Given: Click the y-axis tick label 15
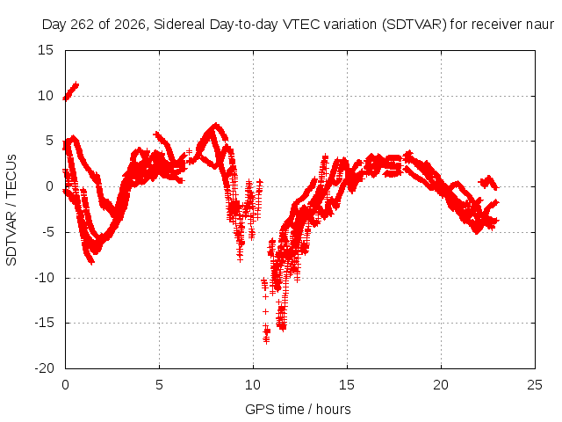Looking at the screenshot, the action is (46, 50).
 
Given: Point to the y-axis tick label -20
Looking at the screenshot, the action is (44, 368).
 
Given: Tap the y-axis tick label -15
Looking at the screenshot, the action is (44, 323).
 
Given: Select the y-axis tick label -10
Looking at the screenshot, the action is (44, 278).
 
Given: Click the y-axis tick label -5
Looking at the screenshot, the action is (48, 232).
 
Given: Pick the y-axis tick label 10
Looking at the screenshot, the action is (46, 96).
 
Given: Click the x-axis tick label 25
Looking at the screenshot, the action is (535, 385).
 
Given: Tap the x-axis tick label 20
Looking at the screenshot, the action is (441, 385).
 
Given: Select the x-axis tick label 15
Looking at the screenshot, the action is (347, 385).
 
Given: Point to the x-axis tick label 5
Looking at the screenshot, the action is (159, 385).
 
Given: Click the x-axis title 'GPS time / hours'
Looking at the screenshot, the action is (298, 410).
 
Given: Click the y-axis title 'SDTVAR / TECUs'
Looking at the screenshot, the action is (11, 210).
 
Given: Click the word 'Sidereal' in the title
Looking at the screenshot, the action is (179, 25).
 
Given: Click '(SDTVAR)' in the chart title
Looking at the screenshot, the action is (414, 25).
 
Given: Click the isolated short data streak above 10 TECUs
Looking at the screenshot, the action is (71, 91).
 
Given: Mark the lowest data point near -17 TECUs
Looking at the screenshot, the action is (266, 341).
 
